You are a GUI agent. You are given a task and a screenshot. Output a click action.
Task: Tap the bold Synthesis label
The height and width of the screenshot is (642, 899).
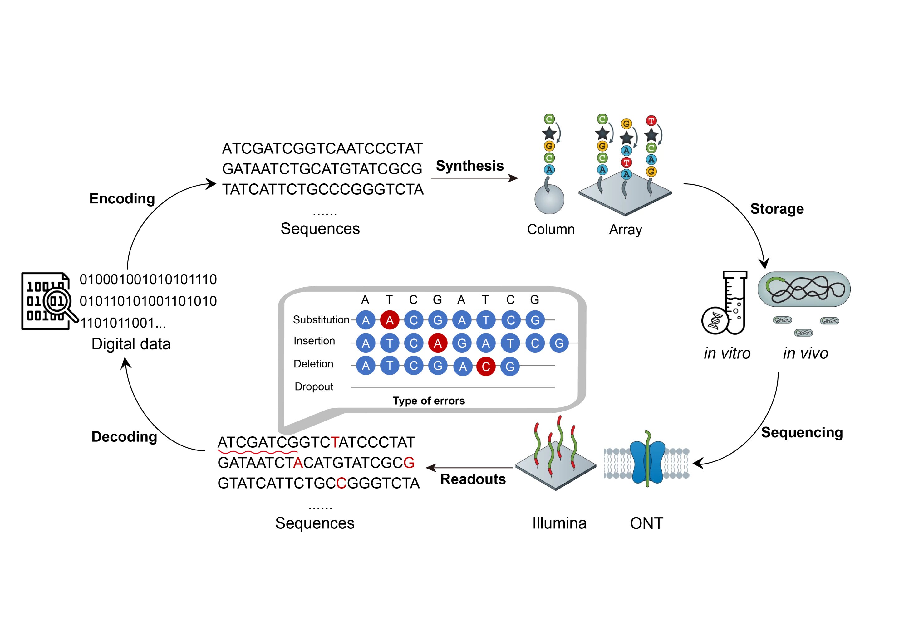(469, 166)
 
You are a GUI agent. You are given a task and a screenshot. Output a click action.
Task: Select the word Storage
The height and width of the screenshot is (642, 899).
(777, 209)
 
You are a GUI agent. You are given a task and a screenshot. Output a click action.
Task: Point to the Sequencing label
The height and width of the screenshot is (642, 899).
(802, 432)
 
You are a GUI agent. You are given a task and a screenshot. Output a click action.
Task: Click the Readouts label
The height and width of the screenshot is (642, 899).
(473, 479)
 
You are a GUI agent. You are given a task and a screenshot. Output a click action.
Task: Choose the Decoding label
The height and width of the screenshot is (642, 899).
(124, 437)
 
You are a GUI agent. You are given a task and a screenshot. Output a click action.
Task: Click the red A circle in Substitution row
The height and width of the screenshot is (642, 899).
(390, 320)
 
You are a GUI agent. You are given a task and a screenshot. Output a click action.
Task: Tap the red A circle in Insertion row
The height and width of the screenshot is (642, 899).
(437, 343)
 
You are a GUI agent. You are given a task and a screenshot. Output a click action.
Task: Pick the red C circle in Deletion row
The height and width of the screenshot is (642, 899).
(486, 367)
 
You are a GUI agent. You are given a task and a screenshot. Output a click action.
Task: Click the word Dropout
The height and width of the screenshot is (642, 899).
(314, 387)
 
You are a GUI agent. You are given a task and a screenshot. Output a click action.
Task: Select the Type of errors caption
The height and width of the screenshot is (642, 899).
(429, 401)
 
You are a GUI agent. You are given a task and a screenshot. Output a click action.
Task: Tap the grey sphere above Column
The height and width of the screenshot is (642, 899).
(549, 200)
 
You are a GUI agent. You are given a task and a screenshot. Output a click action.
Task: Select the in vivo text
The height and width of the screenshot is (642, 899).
(805, 353)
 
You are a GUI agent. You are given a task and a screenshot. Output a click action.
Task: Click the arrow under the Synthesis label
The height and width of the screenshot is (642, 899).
(474, 178)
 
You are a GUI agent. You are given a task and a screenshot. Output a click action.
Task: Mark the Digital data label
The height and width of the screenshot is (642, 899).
(131, 344)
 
